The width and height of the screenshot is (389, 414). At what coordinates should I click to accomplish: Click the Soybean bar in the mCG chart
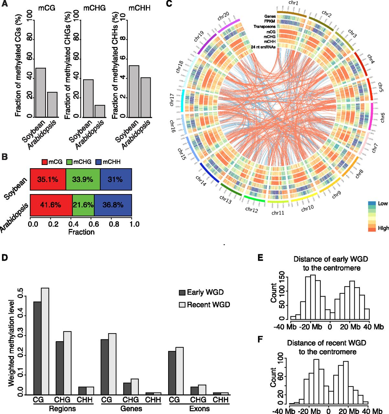pos(40,92)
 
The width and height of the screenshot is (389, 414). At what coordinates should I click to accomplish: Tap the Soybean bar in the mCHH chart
pos(134,91)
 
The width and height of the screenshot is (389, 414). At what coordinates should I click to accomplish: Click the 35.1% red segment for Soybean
pos(48,179)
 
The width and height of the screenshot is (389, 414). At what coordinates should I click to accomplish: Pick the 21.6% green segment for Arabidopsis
pos(83,205)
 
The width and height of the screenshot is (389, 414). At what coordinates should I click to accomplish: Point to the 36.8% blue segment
pos(113,205)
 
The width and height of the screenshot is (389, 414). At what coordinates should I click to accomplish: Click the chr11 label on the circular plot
pos(278,212)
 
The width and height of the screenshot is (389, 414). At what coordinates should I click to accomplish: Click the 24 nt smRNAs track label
pos(263,47)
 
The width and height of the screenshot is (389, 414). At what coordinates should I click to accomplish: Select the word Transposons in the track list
pos(265,27)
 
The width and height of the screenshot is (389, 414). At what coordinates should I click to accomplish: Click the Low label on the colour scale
pos(383,203)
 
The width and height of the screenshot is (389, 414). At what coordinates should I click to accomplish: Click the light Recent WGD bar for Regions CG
pos(45,341)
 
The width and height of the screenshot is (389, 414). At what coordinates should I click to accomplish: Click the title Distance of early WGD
pos(330,259)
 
